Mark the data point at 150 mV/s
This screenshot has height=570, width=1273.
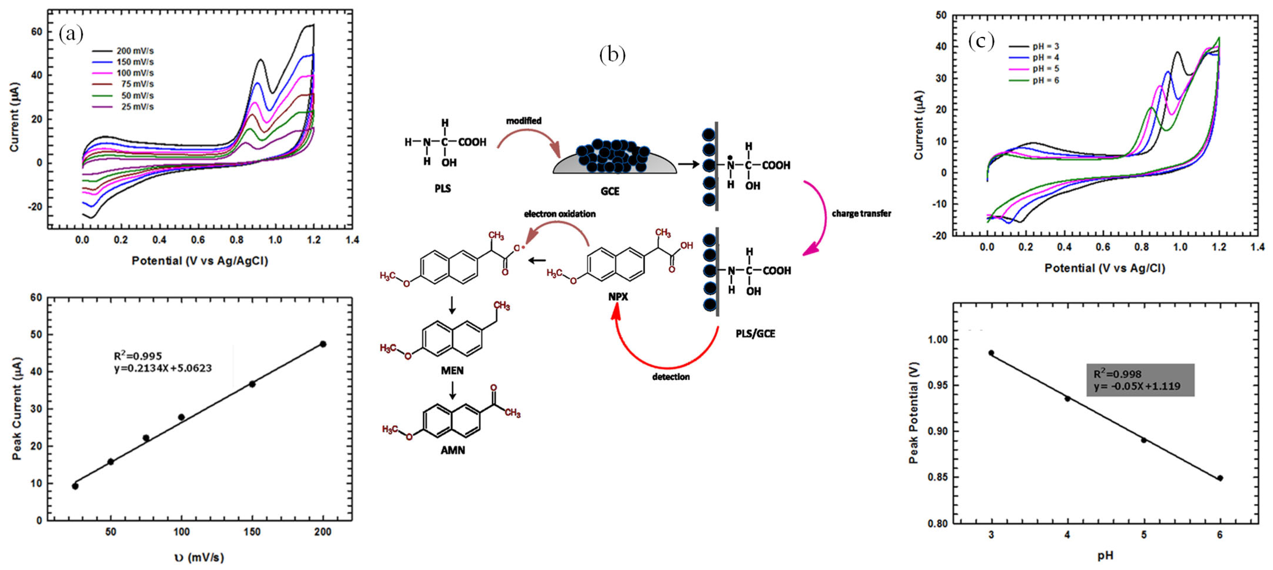click(x=252, y=384)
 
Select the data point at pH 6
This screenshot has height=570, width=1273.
click(x=1220, y=478)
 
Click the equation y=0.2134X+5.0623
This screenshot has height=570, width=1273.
click(x=163, y=368)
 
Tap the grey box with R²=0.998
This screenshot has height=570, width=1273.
click(x=1140, y=380)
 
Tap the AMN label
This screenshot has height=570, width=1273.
click(x=453, y=450)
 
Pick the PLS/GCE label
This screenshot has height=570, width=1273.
click(x=755, y=334)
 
